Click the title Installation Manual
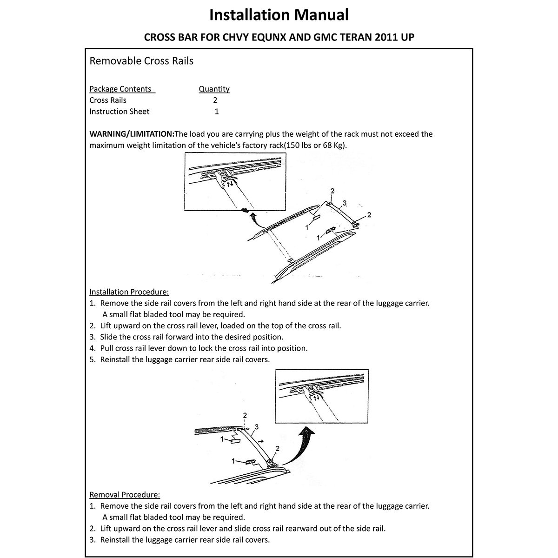tap(279, 15)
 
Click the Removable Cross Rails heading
tap(141, 61)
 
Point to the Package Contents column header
tap(120, 89)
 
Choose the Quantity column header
tap(214, 89)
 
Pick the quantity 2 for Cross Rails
tap(215, 100)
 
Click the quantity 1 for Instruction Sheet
tap(217, 112)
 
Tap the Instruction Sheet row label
tap(120, 112)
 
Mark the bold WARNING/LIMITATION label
tap(132, 134)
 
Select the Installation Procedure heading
tap(129, 292)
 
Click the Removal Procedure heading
tap(125, 495)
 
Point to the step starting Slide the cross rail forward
tap(191, 337)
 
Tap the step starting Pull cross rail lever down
tap(204, 348)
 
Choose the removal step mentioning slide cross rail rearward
tap(243, 529)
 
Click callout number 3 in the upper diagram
tap(345, 203)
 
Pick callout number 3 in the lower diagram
tap(257, 426)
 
